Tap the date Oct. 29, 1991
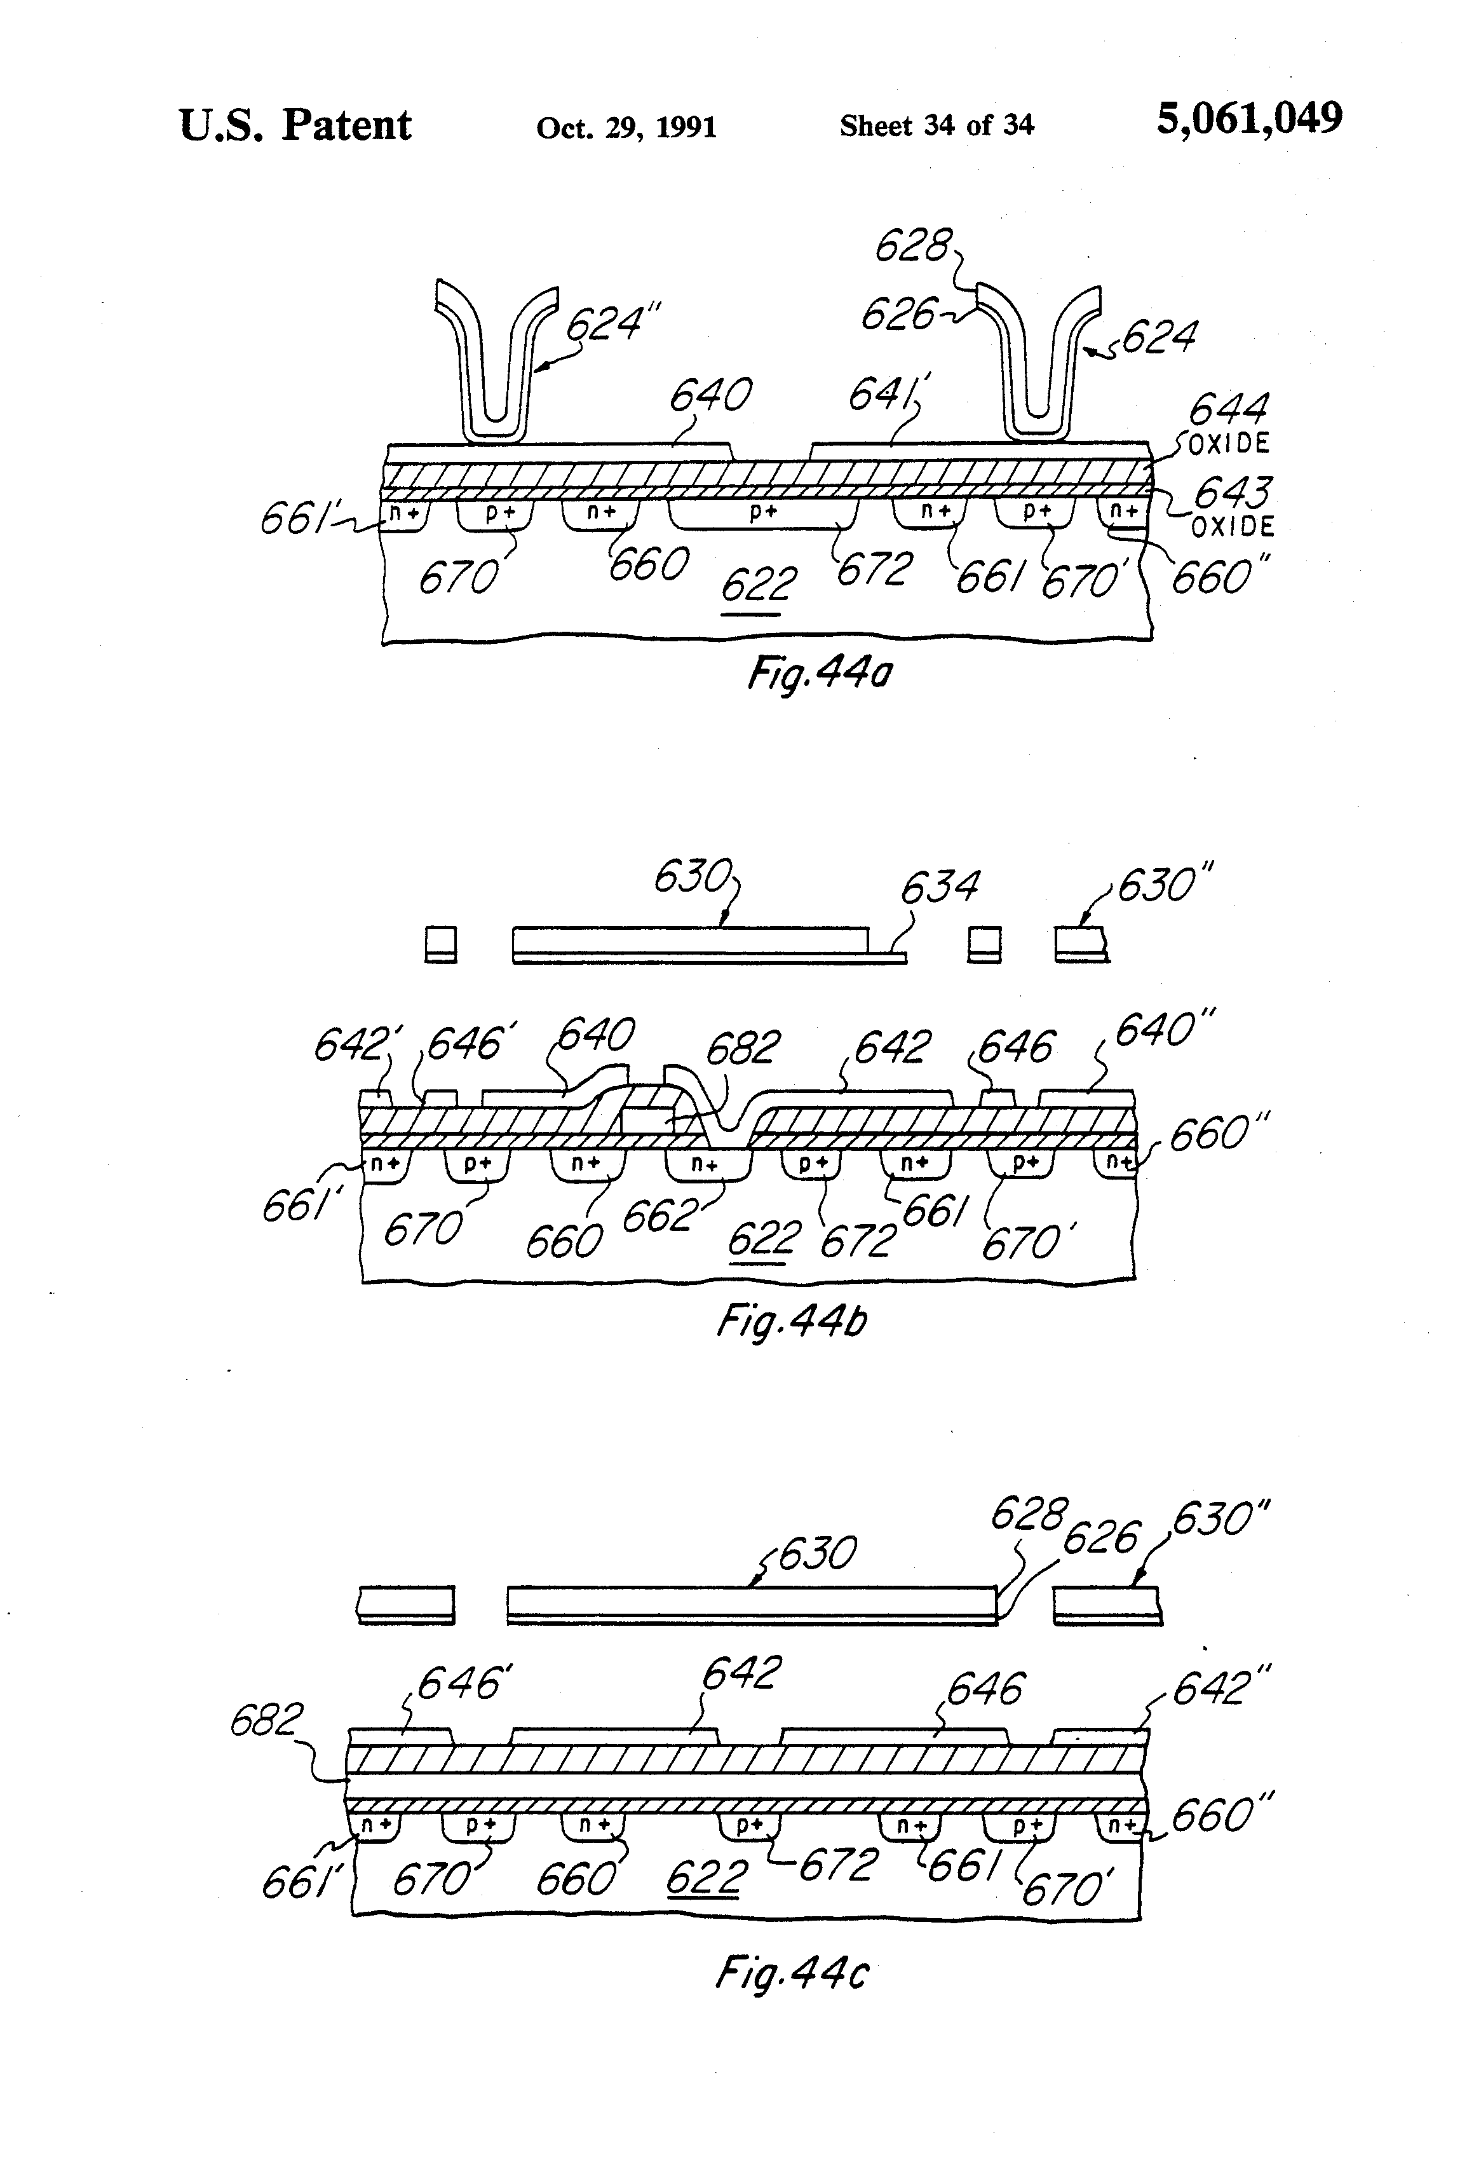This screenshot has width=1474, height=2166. click(x=626, y=126)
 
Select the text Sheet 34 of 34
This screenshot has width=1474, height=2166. click(x=936, y=125)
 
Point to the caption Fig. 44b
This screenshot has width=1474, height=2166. click(x=792, y=1321)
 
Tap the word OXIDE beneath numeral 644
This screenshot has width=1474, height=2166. click(x=1229, y=444)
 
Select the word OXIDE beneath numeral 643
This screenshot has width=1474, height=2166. click(x=1233, y=527)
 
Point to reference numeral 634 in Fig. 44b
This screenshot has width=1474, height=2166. click(x=939, y=887)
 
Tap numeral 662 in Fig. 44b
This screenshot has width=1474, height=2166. click(x=659, y=1215)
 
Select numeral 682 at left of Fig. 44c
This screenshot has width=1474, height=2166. click(x=266, y=1720)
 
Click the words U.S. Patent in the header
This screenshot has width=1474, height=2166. click(x=294, y=125)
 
